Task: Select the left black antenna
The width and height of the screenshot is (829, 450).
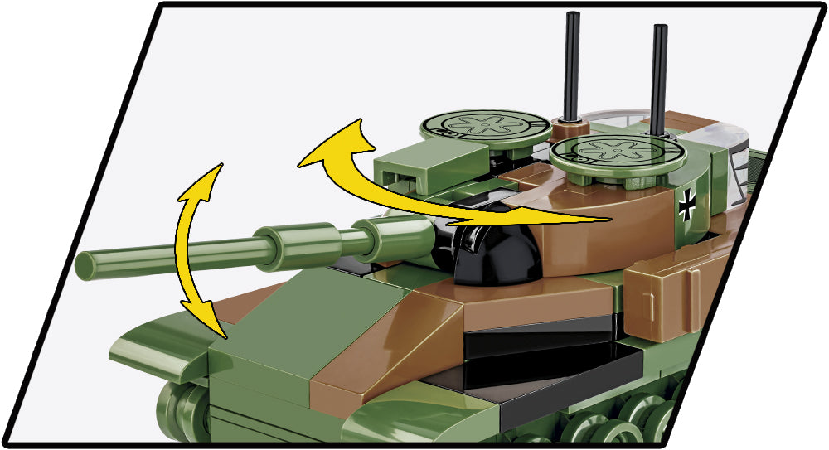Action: [571, 66]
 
